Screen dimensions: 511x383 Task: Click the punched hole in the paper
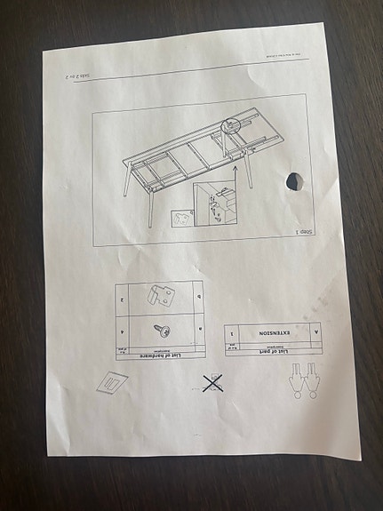point(294,182)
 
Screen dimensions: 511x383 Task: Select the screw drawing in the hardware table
point(162,329)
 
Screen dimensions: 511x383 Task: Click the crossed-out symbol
point(211,384)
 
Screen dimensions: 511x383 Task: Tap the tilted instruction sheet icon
point(112,381)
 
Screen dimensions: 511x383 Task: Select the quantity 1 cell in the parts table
point(232,333)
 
